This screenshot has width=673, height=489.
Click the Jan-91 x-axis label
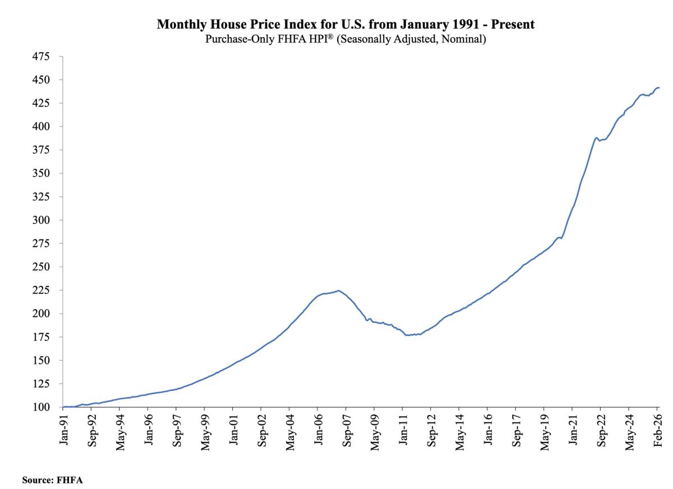64,429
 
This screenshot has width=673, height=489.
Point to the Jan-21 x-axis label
573,429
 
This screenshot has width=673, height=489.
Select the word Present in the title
515,25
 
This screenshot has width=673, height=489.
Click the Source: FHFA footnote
52,480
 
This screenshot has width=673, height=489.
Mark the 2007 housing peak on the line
338,290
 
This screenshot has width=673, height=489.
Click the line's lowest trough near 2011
407,335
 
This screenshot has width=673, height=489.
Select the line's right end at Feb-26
659,87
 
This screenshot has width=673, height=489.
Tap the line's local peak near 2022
596,137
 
